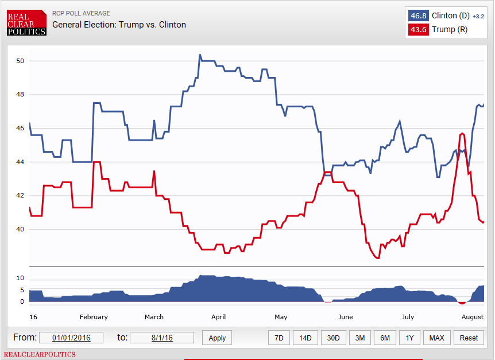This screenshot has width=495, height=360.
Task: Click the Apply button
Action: coord(217,338)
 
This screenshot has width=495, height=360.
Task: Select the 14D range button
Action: coord(305,338)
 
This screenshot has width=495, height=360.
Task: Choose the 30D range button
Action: coord(332,338)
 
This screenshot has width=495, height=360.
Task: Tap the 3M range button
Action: coord(359,338)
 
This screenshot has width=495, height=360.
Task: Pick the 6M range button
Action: coord(385,338)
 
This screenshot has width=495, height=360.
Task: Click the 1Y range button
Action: coord(409,338)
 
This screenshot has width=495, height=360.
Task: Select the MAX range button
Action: coord(437,338)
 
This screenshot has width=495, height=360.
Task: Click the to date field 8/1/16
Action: coord(161,338)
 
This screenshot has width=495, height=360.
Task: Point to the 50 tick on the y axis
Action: coord(20,61)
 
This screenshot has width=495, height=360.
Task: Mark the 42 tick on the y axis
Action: coord(20,196)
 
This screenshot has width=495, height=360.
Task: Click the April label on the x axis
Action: coord(218,317)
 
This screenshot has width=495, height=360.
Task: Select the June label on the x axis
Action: coord(345,317)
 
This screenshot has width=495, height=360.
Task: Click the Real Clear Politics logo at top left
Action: coord(26,22)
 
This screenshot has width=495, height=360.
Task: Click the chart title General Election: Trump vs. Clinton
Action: coord(119,25)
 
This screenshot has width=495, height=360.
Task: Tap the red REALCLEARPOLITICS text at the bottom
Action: coord(40,354)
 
